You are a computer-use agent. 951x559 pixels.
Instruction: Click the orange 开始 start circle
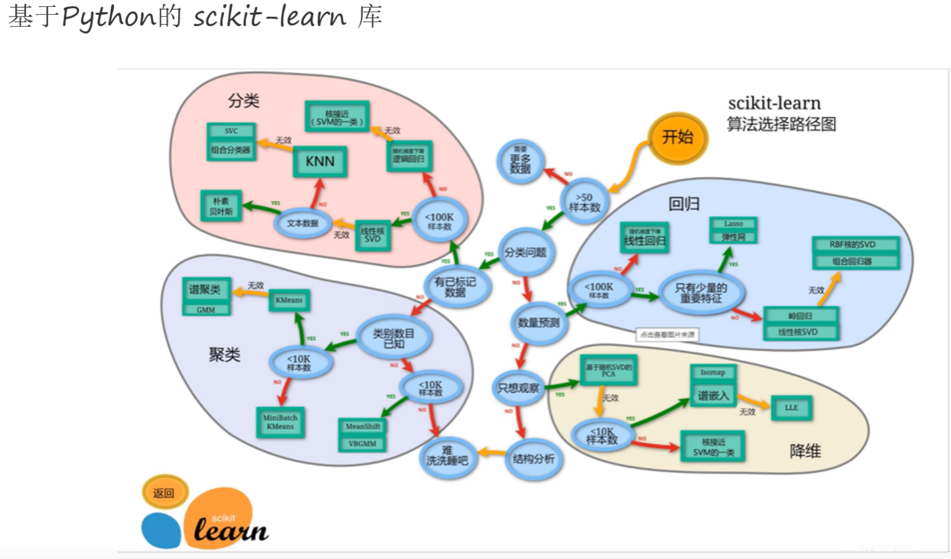678,138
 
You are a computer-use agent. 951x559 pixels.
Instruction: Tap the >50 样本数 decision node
584,202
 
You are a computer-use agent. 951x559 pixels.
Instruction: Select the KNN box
320,161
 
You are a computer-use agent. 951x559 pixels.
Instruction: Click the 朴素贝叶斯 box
221,206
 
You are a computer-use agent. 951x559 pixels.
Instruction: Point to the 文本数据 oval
302,223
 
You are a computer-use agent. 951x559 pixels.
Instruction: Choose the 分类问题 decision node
526,252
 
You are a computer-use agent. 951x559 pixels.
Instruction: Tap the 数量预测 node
539,323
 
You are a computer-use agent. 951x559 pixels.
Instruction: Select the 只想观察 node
518,388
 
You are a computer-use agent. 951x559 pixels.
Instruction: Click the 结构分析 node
534,459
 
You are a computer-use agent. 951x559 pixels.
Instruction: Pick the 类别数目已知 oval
394,338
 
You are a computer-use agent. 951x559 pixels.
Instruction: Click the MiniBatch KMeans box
280,422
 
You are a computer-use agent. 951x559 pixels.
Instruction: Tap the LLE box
792,408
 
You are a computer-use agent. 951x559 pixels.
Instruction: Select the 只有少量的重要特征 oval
701,293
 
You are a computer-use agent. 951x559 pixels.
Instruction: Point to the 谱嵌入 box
713,396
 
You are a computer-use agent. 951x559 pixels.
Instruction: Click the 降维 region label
805,451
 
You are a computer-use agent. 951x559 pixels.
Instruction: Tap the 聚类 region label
224,354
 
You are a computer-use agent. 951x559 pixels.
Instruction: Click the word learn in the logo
231,530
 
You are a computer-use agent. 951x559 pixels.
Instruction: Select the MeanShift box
363,426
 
